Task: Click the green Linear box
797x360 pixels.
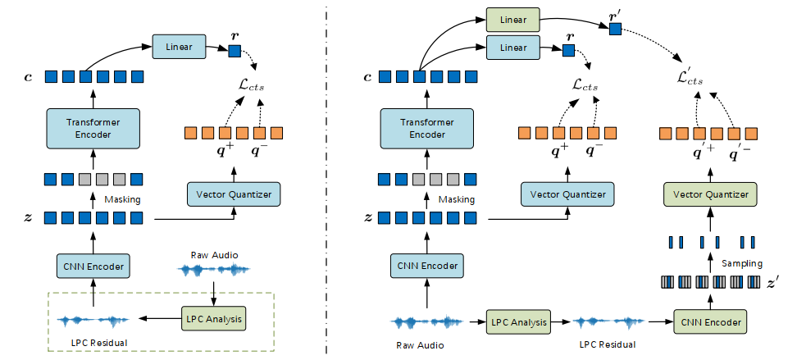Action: pos(512,21)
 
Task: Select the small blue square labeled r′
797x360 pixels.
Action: pos(615,30)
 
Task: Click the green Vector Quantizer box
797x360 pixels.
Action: pos(710,194)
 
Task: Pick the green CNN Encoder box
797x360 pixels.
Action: pos(710,322)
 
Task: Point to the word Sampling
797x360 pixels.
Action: pos(741,263)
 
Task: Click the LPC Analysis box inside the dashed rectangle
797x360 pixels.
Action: pos(213,319)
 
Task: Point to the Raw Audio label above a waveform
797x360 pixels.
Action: pos(215,255)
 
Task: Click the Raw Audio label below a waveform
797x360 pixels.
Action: pos(420,345)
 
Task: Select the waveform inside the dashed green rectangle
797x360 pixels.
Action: pos(93,321)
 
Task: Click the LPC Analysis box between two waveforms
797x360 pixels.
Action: pos(518,322)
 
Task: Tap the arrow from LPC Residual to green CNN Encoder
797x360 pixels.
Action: pos(659,321)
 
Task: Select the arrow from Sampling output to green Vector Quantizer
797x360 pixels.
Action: pos(710,220)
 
